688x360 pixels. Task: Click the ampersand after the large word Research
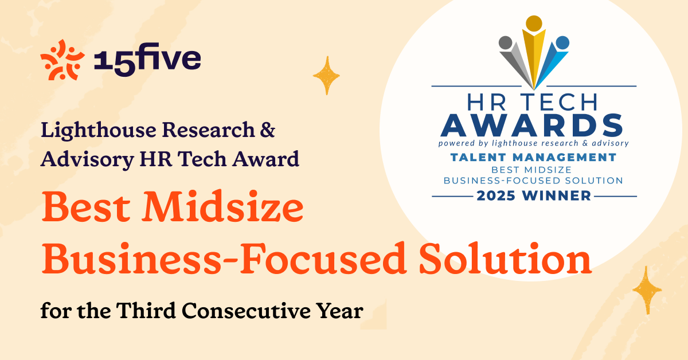click(268, 131)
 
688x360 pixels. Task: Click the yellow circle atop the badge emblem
click(534, 24)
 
